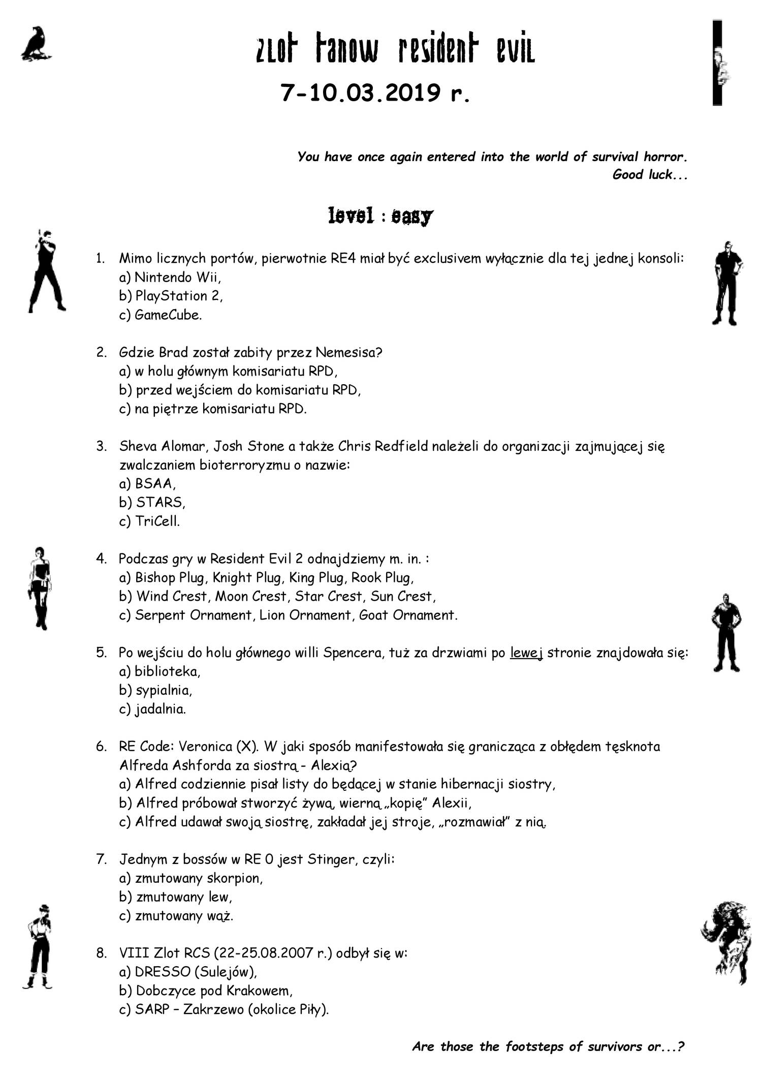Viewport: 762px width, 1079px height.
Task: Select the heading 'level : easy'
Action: tap(380, 216)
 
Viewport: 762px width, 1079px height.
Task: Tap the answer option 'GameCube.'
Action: tap(168, 315)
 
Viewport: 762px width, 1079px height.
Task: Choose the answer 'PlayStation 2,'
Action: tap(179, 296)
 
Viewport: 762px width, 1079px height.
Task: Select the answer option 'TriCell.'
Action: tap(157, 521)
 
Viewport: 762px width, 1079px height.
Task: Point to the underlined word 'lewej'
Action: tap(526, 653)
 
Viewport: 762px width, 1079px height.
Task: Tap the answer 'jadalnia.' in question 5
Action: tap(160, 709)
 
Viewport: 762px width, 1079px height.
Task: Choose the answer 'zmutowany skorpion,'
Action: tap(199, 878)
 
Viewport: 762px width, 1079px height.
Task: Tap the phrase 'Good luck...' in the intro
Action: tap(650, 175)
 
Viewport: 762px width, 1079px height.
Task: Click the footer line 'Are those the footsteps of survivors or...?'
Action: tap(548, 1046)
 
